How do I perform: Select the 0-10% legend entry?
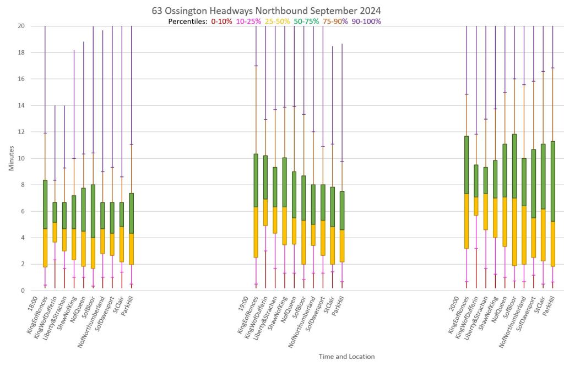coord(220,22)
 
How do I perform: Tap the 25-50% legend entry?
coord(279,22)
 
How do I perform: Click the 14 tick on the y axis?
coord(21,105)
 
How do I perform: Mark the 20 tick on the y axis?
coord(21,26)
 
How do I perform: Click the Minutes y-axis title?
coord(11,158)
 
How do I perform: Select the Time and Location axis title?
coord(346,357)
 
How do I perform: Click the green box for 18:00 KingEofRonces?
coord(45,205)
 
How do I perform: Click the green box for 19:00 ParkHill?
coord(342,211)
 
